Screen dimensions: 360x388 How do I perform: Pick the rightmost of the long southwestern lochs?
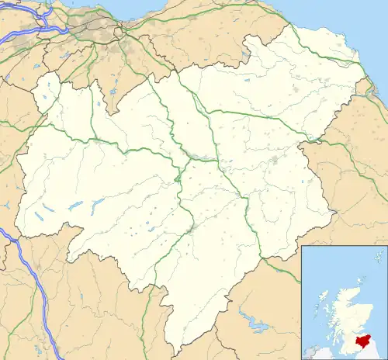[x=98, y=203]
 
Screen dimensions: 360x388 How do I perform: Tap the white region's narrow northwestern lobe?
[x=47, y=97]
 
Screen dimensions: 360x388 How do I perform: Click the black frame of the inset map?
[x=301, y=303]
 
